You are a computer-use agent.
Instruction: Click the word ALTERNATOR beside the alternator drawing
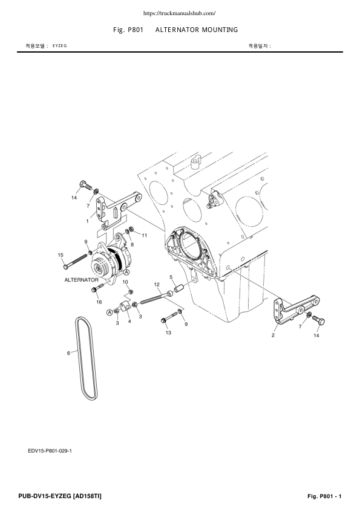81,280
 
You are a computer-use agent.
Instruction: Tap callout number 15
61,255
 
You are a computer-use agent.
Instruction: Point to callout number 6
68,352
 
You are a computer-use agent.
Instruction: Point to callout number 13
168,332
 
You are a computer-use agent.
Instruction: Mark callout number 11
144,235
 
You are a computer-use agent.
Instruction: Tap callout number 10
125,282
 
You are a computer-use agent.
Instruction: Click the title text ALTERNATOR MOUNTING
196,30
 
